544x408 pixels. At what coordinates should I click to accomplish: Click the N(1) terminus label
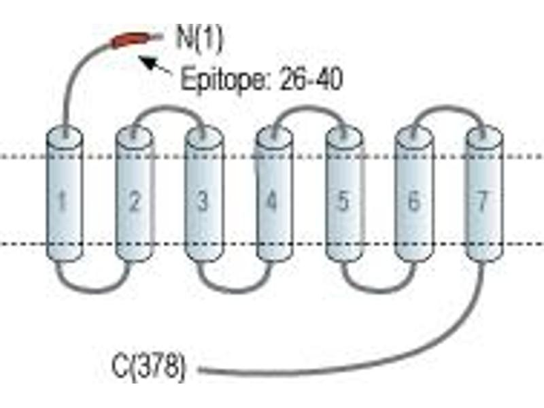click(199, 39)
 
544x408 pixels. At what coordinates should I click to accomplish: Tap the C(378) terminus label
click(148, 367)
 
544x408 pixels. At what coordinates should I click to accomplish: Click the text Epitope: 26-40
click(262, 80)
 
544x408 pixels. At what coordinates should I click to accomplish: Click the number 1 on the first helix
click(63, 201)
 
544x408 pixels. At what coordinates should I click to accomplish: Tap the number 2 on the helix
click(134, 201)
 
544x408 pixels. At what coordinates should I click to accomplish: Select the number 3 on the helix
click(203, 201)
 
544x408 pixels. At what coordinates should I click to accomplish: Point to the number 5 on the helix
click(343, 201)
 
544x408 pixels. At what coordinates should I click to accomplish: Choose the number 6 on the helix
click(413, 201)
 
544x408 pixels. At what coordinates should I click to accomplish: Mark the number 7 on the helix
click(482, 201)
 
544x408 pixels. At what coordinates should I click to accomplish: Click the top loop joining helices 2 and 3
click(168, 108)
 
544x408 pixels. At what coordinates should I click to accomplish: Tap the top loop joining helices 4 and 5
click(309, 108)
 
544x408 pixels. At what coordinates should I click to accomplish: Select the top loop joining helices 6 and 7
click(447, 107)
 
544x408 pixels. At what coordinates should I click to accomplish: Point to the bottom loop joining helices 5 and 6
click(379, 290)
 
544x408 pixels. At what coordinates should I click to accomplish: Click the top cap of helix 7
click(484, 135)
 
